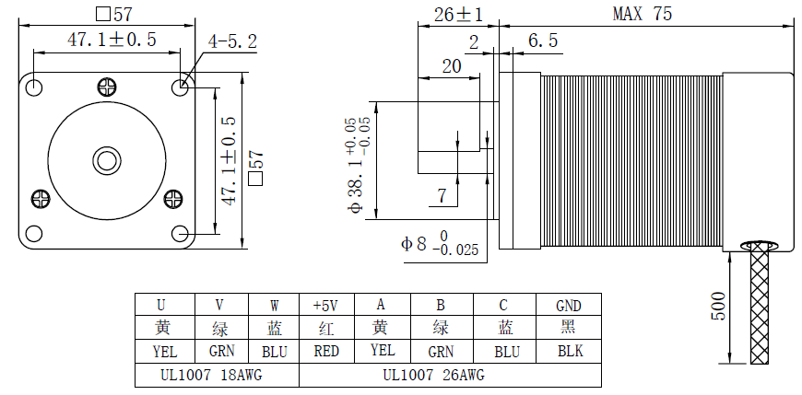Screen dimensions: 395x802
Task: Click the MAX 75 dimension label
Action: point(643,14)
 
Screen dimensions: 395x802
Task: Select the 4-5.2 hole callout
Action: point(232,41)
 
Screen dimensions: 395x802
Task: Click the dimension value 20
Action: point(452,66)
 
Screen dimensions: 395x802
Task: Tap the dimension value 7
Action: point(442,195)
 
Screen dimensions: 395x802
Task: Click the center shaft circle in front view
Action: point(106,159)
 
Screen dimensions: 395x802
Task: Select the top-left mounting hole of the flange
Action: point(35,87)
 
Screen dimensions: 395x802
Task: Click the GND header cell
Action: point(569,305)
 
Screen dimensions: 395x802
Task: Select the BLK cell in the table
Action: point(569,351)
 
